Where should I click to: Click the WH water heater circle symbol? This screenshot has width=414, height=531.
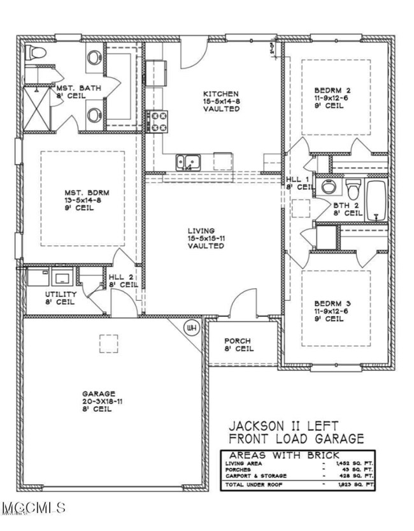pyautogui.click(x=190, y=328)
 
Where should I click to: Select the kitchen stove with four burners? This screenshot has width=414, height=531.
pyautogui.click(x=157, y=121)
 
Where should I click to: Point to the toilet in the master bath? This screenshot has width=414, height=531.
pyautogui.click(x=34, y=55)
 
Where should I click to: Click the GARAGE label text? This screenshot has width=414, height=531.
pyautogui.click(x=99, y=393)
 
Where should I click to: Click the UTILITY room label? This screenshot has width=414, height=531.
pyautogui.click(x=61, y=294)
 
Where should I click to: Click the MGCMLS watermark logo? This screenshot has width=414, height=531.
pyautogui.click(x=33, y=508)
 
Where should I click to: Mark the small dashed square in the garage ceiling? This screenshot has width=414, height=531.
pyautogui.click(x=108, y=343)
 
